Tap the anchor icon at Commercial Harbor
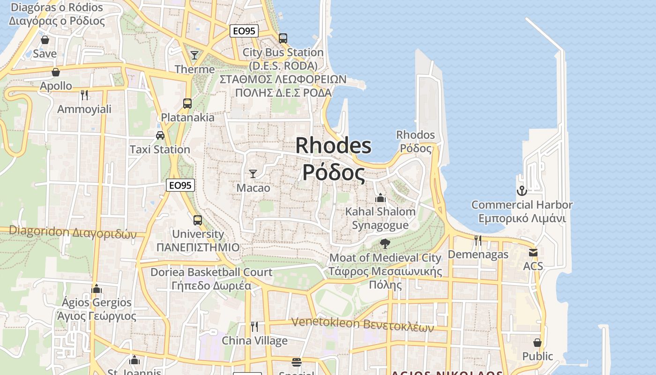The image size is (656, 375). [522, 191]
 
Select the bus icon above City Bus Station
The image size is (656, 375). [283, 38]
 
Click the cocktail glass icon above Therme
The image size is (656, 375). [194, 55]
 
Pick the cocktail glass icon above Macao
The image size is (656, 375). [253, 174]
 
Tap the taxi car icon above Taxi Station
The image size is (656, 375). [160, 135]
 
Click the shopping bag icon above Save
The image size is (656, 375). [45, 40]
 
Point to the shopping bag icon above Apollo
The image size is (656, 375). [56, 72]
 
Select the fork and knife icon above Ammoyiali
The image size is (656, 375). [84, 95]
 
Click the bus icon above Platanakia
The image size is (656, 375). [187, 103]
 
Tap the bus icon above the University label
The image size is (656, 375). [198, 220]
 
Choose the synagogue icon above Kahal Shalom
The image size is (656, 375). [380, 198]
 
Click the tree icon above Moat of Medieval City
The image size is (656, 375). [385, 243]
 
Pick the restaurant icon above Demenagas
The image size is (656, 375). [478, 240]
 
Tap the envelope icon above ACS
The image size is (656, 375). [533, 253]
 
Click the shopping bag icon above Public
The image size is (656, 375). [537, 343]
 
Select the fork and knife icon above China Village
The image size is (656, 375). [254, 326]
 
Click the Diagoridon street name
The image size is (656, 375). [73, 232]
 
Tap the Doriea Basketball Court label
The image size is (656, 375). [211, 272]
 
